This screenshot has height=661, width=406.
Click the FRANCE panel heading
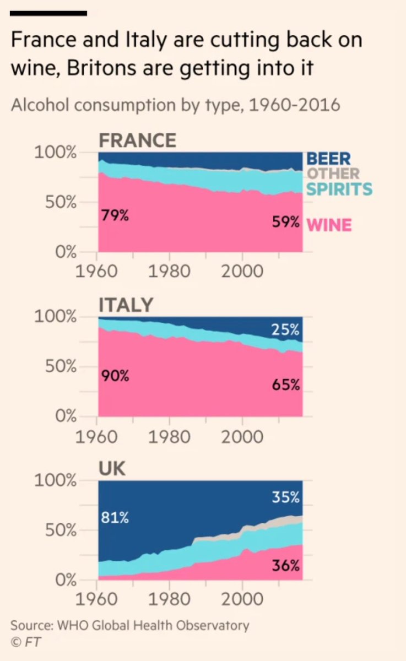click(x=137, y=140)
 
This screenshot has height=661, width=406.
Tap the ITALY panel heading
click(x=126, y=305)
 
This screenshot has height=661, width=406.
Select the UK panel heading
click(x=112, y=469)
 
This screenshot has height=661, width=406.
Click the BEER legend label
click(x=328, y=159)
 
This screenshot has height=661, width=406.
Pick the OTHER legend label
click(x=333, y=174)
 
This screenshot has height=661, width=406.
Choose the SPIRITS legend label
click(x=339, y=189)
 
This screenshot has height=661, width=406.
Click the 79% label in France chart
click(x=115, y=215)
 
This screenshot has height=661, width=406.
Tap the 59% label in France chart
click(x=286, y=223)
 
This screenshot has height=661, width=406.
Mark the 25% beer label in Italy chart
click(x=286, y=330)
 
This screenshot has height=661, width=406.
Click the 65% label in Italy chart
click(x=286, y=384)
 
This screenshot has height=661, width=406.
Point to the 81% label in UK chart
click(x=115, y=518)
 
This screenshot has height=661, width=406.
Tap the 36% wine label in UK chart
click(x=286, y=565)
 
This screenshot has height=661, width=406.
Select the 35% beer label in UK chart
click(x=286, y=497)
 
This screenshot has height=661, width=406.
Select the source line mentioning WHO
click(x=130, y=626)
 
